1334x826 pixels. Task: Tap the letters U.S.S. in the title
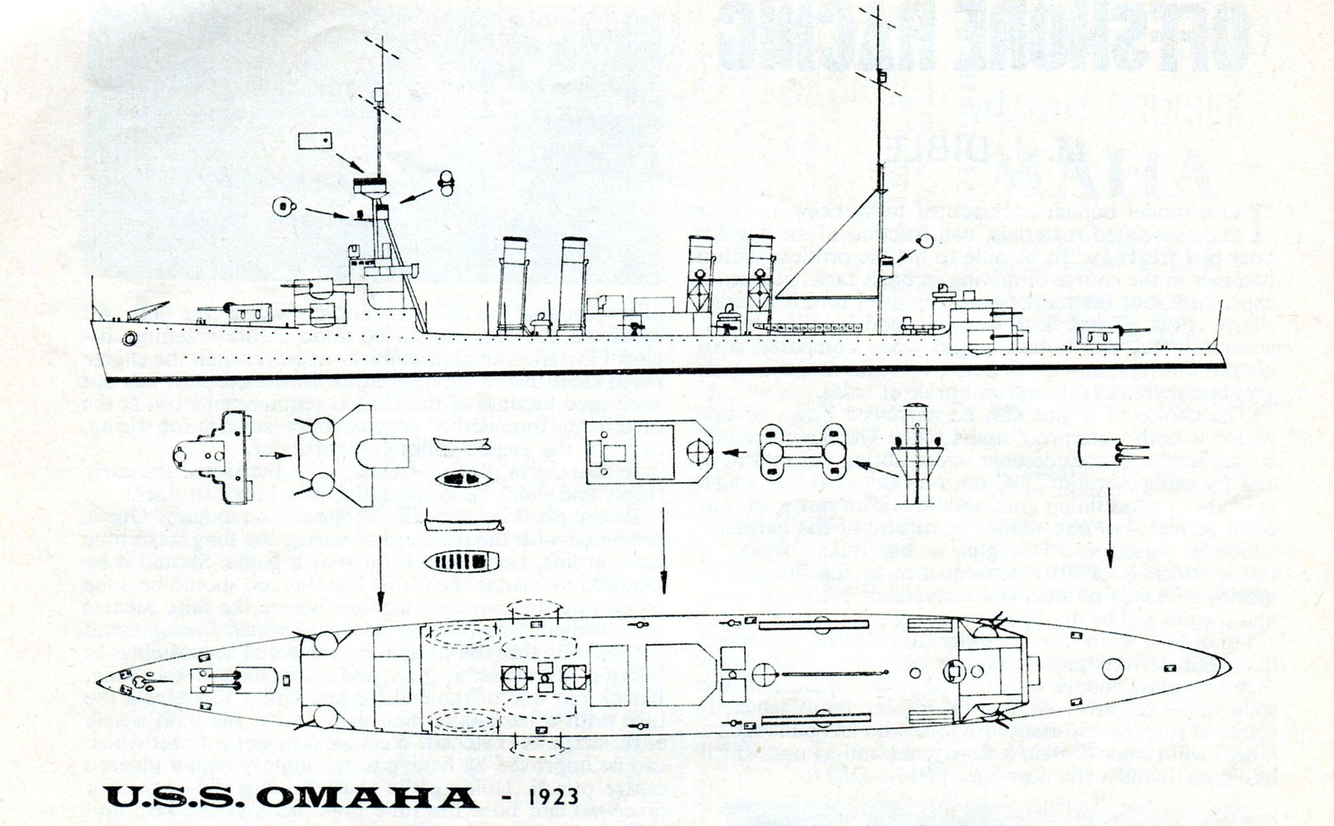coord(175,797)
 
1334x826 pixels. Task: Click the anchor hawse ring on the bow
coord(129,339)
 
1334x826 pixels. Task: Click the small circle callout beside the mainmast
coord(925,242)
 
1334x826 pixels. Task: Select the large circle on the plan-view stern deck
coord(1112,669)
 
